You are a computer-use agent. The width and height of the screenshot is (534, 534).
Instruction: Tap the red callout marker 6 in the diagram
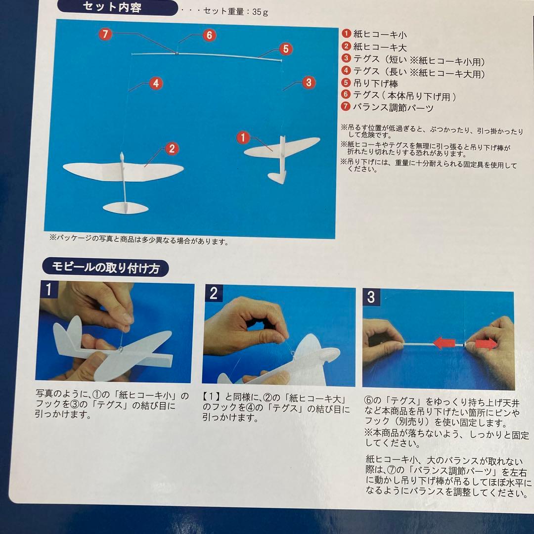(x=209, y=35)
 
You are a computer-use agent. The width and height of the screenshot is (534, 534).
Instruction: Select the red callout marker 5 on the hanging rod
(x=285, y=49)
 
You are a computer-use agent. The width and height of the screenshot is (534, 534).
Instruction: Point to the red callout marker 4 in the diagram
(x=155, y=84)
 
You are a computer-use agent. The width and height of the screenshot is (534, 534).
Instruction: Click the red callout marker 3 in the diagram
(x=309, y=82)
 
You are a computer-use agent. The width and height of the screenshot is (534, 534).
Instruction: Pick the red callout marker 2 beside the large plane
(x=171, y=148)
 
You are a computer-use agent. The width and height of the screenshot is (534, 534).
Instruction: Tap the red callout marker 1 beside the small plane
(x=243, y=137)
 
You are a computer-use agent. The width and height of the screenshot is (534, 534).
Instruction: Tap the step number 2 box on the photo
(x=214, y=293)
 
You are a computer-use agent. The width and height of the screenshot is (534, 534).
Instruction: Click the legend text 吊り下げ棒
(x=376, y=84)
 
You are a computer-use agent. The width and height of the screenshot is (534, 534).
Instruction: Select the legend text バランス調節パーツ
(x=393, y=108)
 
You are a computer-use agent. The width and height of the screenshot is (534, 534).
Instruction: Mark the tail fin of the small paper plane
(x=278, y=176)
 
